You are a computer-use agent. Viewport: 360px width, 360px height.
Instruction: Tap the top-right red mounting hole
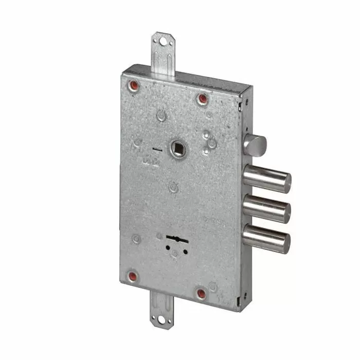tap(202, 98)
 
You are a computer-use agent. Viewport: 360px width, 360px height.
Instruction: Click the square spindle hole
tap(179, 150)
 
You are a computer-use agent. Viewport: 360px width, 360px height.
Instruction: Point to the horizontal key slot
tap(176, 238)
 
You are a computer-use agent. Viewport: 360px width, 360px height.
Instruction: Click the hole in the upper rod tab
tap(163, 41)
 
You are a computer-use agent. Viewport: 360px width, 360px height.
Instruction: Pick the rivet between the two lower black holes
tap(175, 254)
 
